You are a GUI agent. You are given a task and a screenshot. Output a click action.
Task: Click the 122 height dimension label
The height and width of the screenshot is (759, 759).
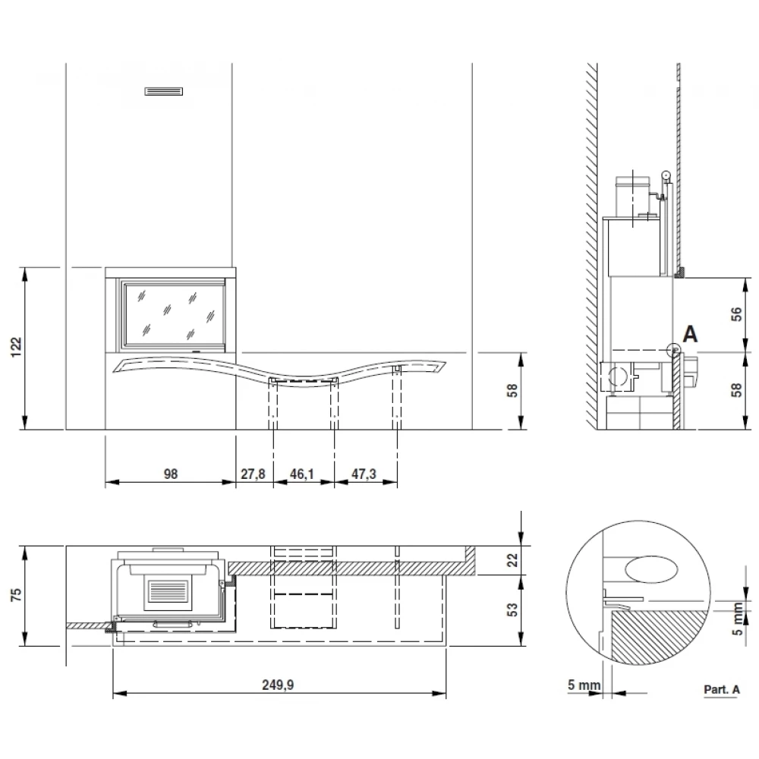pyautogui.click(x=17, y=347)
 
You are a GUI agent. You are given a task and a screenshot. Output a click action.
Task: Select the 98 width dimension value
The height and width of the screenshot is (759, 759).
pyautogui.click(x=170, y=474)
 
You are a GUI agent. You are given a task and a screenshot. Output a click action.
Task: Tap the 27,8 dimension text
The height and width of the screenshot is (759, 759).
pyautogui.click(x=254, y=474)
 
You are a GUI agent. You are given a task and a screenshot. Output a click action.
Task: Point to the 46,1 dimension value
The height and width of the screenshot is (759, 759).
pyautogui.click(x=302, y=474)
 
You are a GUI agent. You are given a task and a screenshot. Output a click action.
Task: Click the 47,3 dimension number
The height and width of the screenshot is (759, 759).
pyautogui.click(x=364, y=474)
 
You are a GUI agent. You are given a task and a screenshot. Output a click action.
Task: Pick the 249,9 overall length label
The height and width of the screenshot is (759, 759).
pyautogui.click(x=278, y=685)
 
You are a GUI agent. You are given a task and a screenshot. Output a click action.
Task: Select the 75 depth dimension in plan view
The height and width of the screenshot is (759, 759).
pyautogui.click(x=17, y=594)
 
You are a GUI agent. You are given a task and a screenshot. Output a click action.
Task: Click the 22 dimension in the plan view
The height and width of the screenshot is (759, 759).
pyautogui.click(x=512, y=560)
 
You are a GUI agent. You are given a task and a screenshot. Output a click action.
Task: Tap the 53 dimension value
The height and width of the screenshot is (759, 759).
pyautogui.click(x=512, y=609)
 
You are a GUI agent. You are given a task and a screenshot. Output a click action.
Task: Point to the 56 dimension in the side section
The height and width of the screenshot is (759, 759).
pyautogui.click(x=736, y=315)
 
